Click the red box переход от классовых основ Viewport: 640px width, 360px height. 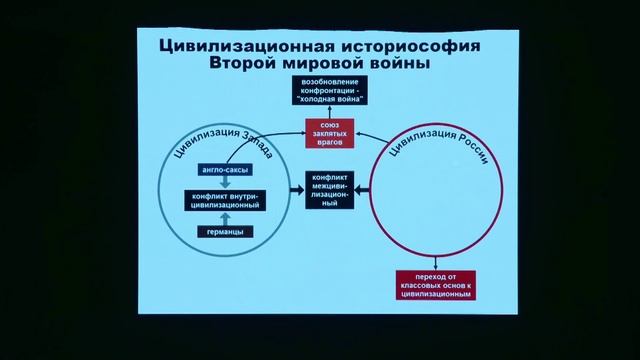tap(432, 285)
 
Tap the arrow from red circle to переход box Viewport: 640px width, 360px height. tap(432, 256)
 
